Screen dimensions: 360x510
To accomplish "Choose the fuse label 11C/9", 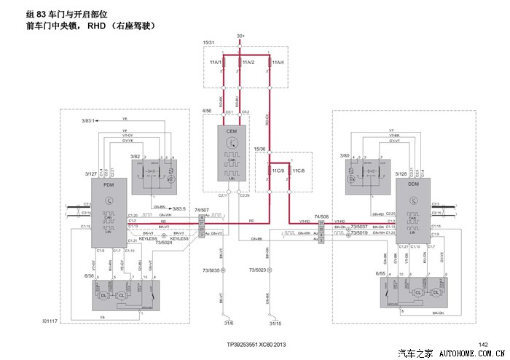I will tap(276, 170).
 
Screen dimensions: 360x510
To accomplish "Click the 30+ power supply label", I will tap(241, 36).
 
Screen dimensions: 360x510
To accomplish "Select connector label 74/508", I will tap(321, 216).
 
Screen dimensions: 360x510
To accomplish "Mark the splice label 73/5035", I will tap(208, 270).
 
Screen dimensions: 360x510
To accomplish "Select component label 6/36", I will tap(89, 276).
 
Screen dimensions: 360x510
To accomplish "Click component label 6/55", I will tap(380, 273).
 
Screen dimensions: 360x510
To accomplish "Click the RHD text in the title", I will tap(97, 26).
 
